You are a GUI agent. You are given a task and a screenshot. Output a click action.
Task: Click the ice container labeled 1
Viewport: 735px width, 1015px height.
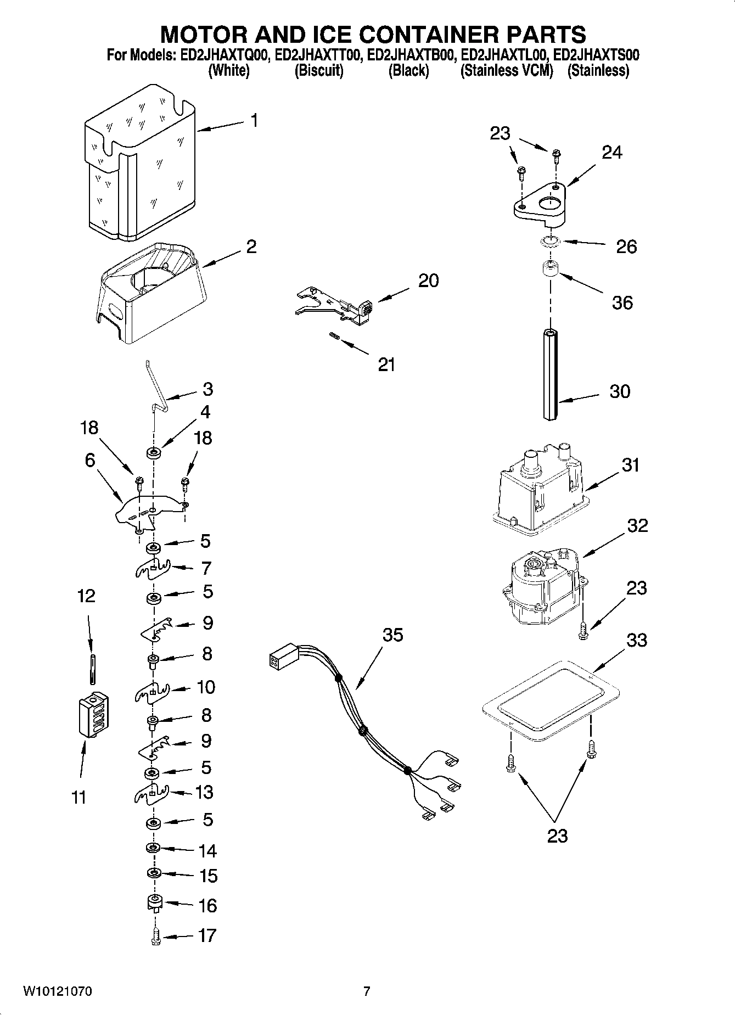pos(140,165)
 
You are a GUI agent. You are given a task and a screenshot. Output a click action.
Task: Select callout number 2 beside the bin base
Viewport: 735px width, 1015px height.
pos(251,246)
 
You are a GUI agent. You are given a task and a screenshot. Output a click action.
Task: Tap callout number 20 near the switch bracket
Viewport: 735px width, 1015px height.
pos(428,281)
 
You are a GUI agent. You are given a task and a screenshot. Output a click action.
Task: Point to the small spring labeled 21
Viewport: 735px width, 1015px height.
pos(334,337)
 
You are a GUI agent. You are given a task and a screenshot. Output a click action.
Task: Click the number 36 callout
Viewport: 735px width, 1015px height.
pos(622,302)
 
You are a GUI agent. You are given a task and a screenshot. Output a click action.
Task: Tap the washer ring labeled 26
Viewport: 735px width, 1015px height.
pos(549,240)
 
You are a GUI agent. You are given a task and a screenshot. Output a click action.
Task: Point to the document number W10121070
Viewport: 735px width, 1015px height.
pos(57,991)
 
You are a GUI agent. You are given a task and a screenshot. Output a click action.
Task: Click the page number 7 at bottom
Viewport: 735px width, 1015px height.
pos(367,991)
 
